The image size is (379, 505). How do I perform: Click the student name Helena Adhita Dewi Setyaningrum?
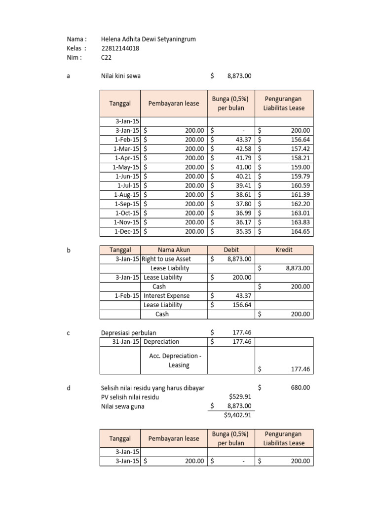pyautogui.click(x=144, y=39)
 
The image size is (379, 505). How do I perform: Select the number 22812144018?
pyautogui.click(x=120, y=48)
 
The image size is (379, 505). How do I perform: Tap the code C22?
pyautogui.click(x=106, y=57)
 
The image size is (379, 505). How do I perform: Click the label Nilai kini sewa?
pyautogui.click(x=123, y=76)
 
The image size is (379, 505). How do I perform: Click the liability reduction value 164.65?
pyautogui.click(x=301, y=231)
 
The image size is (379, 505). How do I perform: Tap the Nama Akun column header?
pyautogui.click(x=174, y=250)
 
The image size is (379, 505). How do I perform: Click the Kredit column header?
pyautogui.click(x=284, y=250)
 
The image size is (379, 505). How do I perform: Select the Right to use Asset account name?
pyautogui.click(x=166, y=259)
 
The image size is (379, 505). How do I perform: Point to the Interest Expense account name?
pyautogui.click(x=166, y=296)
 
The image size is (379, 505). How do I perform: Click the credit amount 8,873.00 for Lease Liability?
pyautogui.click(x=298, y=268)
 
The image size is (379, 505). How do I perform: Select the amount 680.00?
pyautogui.click(x=300, y=388)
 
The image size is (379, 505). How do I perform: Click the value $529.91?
pyautogui.click(x=240, y=397)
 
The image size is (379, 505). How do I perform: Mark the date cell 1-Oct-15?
pyautogui.click(x=127, y=213)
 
